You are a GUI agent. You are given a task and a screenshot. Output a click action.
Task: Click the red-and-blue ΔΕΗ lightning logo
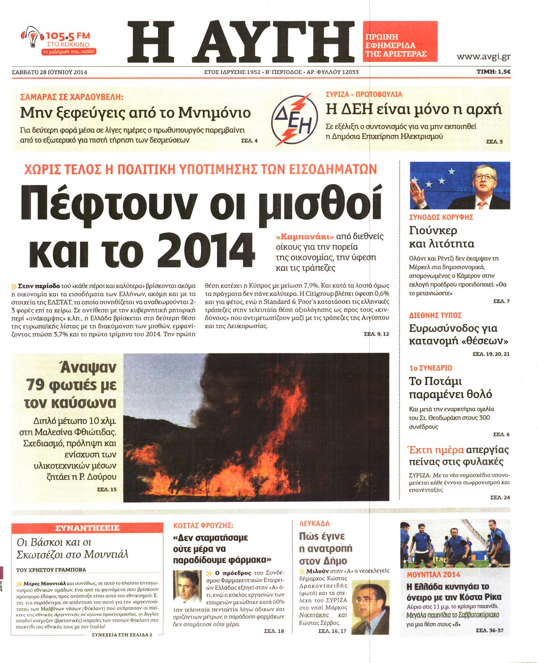(x=294, y=119)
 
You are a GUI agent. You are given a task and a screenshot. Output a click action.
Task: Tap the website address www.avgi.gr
(x=483, y=56)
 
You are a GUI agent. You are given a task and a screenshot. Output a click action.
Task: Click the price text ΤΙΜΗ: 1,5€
(x=493, y=72)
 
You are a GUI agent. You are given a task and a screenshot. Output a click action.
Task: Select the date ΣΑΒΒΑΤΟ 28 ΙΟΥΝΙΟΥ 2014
(x=50, y=72)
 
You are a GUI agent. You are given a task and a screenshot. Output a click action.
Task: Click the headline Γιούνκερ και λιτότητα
(x=441, y=237)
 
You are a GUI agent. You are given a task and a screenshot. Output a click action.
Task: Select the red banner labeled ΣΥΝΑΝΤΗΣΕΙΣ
(x=87, y=528)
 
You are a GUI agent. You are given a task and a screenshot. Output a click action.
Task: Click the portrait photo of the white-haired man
(x=187, y=586)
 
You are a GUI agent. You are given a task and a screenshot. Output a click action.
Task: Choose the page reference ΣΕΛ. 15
(x=107, y=489)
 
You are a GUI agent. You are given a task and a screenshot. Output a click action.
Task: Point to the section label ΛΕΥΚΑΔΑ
(x=314, y=523)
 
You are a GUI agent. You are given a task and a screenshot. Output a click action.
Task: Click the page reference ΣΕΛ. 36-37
(x=489, y=630)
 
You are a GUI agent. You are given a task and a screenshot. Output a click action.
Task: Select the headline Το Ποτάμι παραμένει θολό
(x=450, y=388)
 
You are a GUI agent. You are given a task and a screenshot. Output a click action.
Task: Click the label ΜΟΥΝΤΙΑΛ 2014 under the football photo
(x=433, y=574)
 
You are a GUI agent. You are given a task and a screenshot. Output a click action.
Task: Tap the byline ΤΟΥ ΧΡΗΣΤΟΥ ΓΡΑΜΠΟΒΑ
(x=51, y=569)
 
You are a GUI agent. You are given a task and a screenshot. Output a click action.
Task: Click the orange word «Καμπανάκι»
(x=304, y=236)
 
